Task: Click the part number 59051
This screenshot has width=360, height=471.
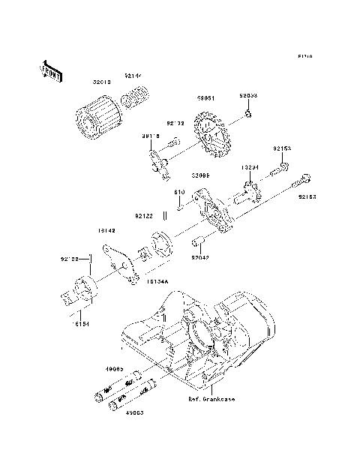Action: [x=207, y=97]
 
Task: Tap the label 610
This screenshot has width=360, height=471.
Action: [x=179, y=192]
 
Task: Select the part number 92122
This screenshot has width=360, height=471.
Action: [x=145, y=216]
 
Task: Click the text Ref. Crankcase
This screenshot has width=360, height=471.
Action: [x=211, y=400]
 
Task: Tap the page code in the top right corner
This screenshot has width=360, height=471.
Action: [x=304, y=56]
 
